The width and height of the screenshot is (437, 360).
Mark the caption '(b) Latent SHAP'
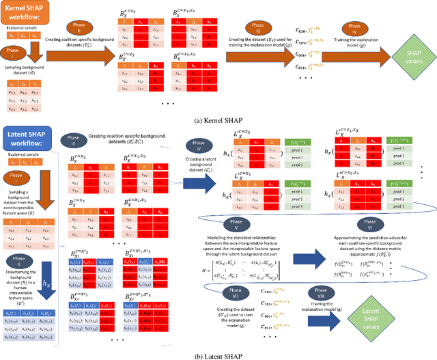pyautogui.click(x=219, y=354)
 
